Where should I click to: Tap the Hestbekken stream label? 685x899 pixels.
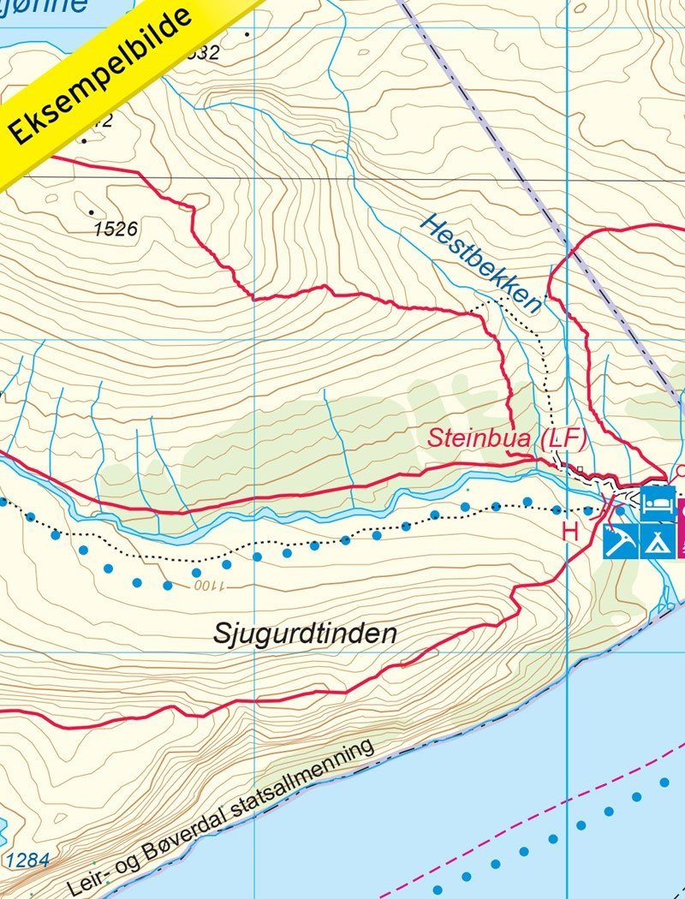pos(481,262)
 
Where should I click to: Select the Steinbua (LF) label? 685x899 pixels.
pos(507,439)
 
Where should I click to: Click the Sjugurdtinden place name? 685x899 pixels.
pos(304,634)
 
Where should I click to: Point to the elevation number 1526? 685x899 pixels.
pos(116,229)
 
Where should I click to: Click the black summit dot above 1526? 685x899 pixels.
pos(92,211)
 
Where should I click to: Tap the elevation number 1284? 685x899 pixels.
pos(26,860)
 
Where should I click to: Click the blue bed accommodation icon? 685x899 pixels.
pos(658,501)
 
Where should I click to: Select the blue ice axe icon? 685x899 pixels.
pos(618,542)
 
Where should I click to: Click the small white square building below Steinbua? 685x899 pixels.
pos(580,468)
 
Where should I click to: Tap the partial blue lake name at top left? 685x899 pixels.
pos(51,7)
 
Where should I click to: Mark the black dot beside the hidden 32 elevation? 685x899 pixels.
pos(247,35)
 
